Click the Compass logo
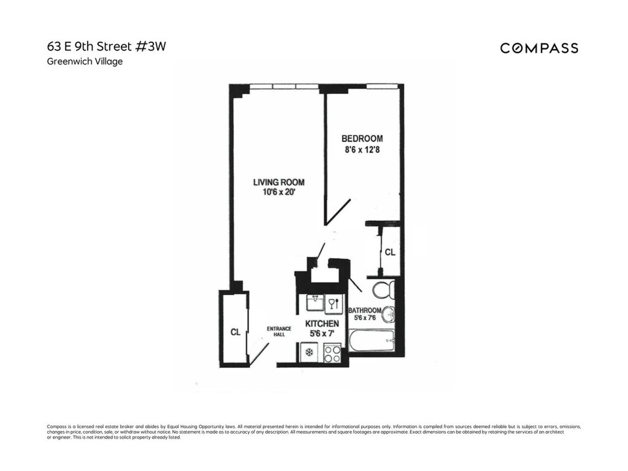(539, 48)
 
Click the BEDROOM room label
(362, 139)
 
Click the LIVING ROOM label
(278, 182)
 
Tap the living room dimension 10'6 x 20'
(278, 192)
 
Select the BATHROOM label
(365, 310)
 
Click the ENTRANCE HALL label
(276, 331)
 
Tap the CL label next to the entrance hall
(235, 332)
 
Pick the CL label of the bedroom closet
(390, 252)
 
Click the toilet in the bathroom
(381, 290)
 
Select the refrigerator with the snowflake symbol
(309, 353)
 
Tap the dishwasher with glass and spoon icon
(332, 303)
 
